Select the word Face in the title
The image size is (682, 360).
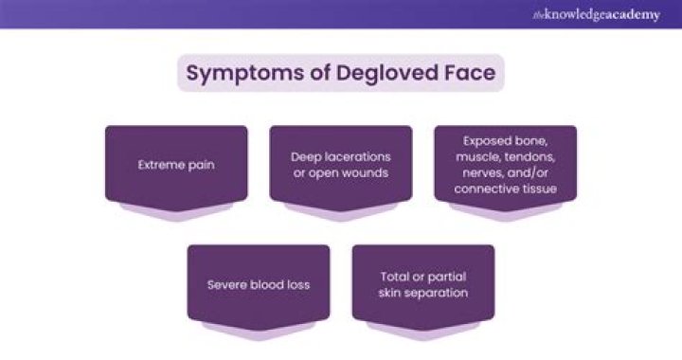click(469, 74)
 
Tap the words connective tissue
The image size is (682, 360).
click(505, 189)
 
